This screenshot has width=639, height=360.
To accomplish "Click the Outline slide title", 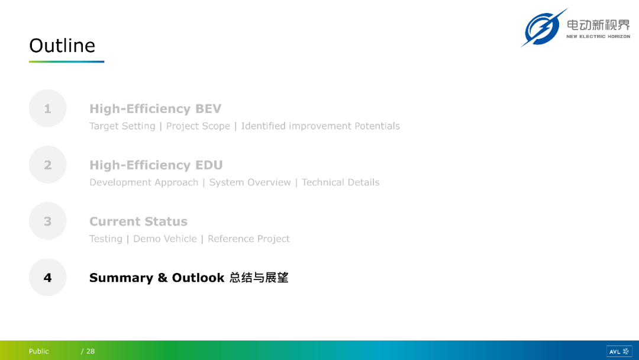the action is [62, 45].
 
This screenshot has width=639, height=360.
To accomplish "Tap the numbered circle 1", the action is [48, 108].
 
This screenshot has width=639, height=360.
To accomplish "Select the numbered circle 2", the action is [48, 165].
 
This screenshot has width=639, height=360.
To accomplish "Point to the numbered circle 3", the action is [48, 221].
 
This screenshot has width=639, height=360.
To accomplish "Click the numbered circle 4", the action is [48, 277].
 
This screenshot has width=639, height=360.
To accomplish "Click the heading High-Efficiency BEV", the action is [155, 108].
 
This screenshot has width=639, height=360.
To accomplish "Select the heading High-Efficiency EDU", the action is [156, 165].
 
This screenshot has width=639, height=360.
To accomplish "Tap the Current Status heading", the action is [138, 221].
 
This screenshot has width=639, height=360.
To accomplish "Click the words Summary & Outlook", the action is [157, 278].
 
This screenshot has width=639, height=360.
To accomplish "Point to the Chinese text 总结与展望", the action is [259, 278].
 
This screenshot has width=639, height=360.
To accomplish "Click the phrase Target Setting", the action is [122, 126].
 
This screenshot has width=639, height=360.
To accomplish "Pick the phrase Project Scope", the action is [198, 126].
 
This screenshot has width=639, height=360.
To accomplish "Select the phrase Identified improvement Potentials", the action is [320, 126].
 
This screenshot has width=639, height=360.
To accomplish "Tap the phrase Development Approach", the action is [144, 182].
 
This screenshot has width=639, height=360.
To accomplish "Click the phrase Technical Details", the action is [340, 182].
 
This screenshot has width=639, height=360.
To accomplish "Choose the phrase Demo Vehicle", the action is [165, 239].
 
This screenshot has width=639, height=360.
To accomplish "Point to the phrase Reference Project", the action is [248, 239].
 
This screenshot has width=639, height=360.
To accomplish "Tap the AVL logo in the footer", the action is [619, 351].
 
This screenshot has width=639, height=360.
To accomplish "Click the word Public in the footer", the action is [38, 351].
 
